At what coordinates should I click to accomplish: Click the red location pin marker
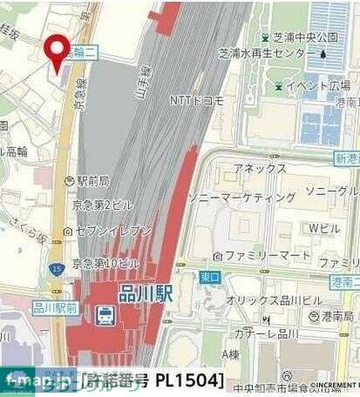(58, 52)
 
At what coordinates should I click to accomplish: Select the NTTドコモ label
(196, 100)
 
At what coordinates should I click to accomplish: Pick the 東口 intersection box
(209, 278)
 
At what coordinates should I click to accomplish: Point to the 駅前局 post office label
(92, 181)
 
